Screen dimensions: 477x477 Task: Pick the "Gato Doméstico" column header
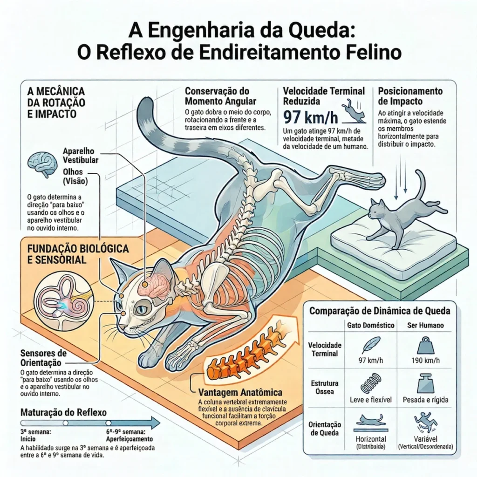[x=371, y=325]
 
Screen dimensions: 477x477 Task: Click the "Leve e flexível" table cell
[x=371, y=400]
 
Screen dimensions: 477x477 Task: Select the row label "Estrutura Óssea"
[x=324, y=388]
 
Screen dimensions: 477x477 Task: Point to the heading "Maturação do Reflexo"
[x=64, y=413]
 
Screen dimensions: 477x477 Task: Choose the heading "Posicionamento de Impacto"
[x=410, y=95]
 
